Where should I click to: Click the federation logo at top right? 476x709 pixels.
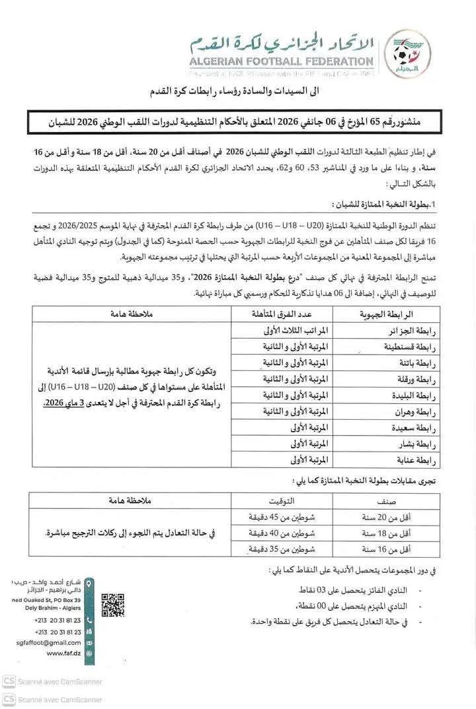(407, 51)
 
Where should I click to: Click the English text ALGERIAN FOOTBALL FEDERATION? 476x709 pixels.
(282, 62)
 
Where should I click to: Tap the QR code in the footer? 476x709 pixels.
(112, 605)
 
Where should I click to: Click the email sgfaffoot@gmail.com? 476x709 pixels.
(50, 642)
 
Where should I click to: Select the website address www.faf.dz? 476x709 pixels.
(64, 653)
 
